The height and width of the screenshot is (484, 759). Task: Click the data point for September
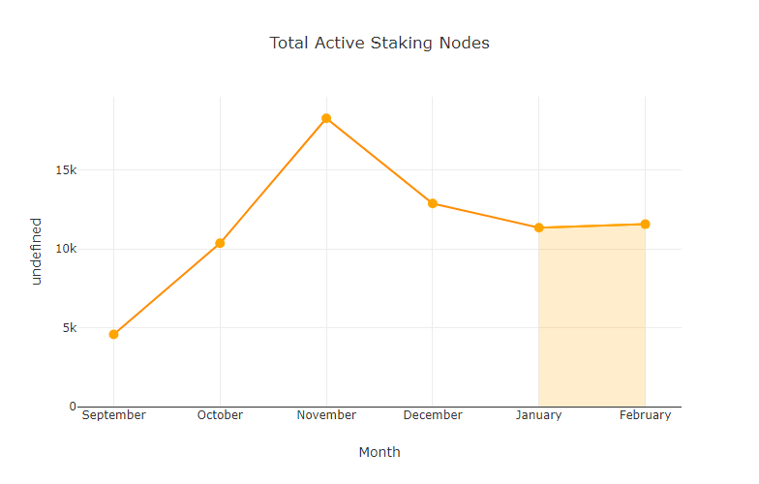pos(113,334)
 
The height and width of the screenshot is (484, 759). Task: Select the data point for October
pos(220,243)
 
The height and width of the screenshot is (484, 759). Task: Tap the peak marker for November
pos(326,118)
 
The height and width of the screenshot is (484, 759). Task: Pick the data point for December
pos(433,203)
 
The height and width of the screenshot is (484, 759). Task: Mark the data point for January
pos(538,227)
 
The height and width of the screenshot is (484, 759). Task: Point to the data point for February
pos(645,225)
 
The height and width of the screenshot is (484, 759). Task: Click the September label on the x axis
pos(113,415)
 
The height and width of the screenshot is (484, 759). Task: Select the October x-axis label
pos(220,415)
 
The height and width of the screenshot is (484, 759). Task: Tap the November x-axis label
pos(326,415)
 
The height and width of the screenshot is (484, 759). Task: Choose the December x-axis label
pos(433,415)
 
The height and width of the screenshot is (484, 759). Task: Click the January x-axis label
pos(538,415)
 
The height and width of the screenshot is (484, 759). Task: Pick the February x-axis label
pos(645,415)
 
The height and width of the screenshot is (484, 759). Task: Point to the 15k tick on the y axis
pos(66,170)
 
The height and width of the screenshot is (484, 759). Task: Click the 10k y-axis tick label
pos(66,249)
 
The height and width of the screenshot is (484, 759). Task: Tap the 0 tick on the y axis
pos(72,407)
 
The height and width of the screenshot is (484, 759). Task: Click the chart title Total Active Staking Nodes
pos(379,43)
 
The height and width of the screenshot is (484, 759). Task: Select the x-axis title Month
pos(379,452)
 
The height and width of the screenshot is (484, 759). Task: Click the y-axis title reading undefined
pos(37,251)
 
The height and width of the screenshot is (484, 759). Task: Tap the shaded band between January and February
pos(592,319)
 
